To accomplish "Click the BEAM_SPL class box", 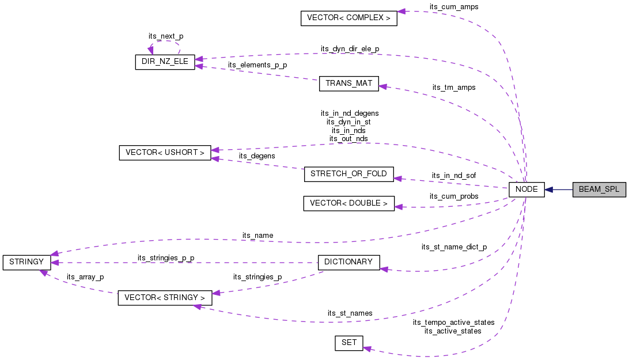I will (x=598, y=190).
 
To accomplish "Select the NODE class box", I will (x=526, y=190).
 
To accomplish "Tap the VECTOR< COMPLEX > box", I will (x=348, y=18).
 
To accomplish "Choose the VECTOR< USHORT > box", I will (x=165, y=153).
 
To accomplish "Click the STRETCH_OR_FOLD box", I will (x=348, y=174).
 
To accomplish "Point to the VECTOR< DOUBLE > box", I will (x=348, y=203).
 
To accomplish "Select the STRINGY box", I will (x=26, y=262).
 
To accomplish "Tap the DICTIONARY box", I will (x=348, y=262).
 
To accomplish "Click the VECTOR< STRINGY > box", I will (x=165, y=298).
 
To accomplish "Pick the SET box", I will (x=348, y=343).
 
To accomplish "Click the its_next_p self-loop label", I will (x=165, y=36).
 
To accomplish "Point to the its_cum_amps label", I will (x=453, y=7).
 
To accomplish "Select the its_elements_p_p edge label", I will (x=257, y=65).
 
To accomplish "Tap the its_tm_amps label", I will (x=453, y=88).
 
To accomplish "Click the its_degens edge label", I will (x=257, y=156).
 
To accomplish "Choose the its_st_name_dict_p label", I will (x=453, y=247).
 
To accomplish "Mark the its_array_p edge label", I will (x=85, y=277).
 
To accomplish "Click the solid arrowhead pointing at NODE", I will (x=549, y=190).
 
